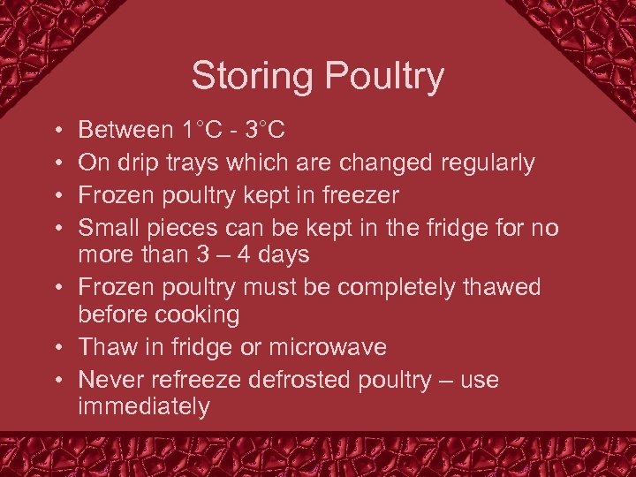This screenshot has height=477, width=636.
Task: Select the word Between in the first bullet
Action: click(126, 131)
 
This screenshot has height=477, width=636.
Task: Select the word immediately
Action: click(144, 407)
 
